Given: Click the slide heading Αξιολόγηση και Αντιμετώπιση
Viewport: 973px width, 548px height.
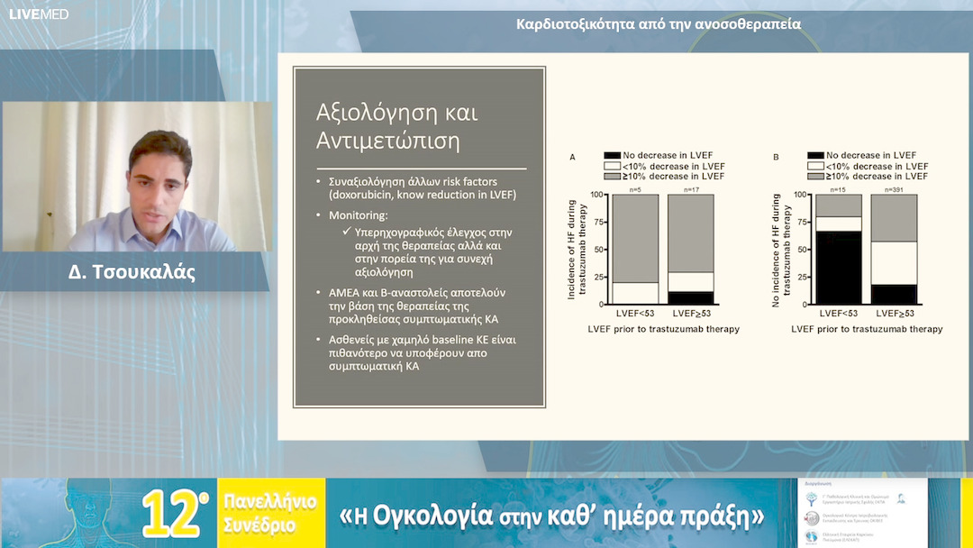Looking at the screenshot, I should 397,127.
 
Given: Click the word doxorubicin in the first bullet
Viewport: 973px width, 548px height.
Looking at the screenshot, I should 359,195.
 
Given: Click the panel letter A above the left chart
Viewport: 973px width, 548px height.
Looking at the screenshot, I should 573,157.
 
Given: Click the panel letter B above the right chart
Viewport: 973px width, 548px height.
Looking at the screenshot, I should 776,157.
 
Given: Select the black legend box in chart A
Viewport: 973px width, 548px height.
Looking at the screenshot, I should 612,156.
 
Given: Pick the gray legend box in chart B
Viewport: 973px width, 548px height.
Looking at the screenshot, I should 815,177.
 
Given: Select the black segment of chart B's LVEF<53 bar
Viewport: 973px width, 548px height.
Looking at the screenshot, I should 838,268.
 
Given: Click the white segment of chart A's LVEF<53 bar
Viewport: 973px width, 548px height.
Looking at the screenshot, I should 635,293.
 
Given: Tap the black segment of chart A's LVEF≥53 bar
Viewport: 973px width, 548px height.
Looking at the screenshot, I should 690,297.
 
